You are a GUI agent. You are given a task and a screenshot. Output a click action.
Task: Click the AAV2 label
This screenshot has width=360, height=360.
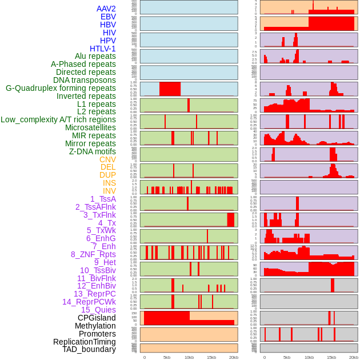(x=106, y=9)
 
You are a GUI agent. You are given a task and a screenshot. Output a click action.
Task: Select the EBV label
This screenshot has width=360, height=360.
(x=108, y=17)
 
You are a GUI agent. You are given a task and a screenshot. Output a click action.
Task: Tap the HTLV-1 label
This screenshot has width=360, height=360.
(x=103, y=49)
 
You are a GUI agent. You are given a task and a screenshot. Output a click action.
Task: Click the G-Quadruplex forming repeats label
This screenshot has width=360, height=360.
(x=61, y=88)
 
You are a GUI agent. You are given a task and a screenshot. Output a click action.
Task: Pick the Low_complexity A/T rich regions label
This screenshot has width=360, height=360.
(x=58, y=119)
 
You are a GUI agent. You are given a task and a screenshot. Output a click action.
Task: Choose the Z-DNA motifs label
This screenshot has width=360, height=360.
(x=93, y=151)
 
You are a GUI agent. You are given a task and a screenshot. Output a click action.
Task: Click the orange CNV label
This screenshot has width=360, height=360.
(x=107, y=159)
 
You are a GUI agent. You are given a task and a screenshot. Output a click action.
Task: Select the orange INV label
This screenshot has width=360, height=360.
(x=109, y=191)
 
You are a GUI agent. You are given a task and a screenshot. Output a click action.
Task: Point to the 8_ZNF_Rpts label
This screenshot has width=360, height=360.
(x=93, y=254)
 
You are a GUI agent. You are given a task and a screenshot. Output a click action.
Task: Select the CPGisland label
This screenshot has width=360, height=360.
(x=97, y=318)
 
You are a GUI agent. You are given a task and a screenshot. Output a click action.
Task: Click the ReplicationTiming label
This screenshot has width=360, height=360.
(x=85, y=342)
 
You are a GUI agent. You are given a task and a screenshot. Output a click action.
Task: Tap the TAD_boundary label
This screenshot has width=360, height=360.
(x=89, y=349)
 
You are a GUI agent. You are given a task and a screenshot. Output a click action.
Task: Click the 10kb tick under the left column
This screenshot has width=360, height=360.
(x=189, y=357)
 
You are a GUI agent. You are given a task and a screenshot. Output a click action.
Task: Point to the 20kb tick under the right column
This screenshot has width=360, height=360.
(x=354, y=357)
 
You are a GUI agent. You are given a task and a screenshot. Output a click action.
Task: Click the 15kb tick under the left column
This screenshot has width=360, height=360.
(x=211, y=357)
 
